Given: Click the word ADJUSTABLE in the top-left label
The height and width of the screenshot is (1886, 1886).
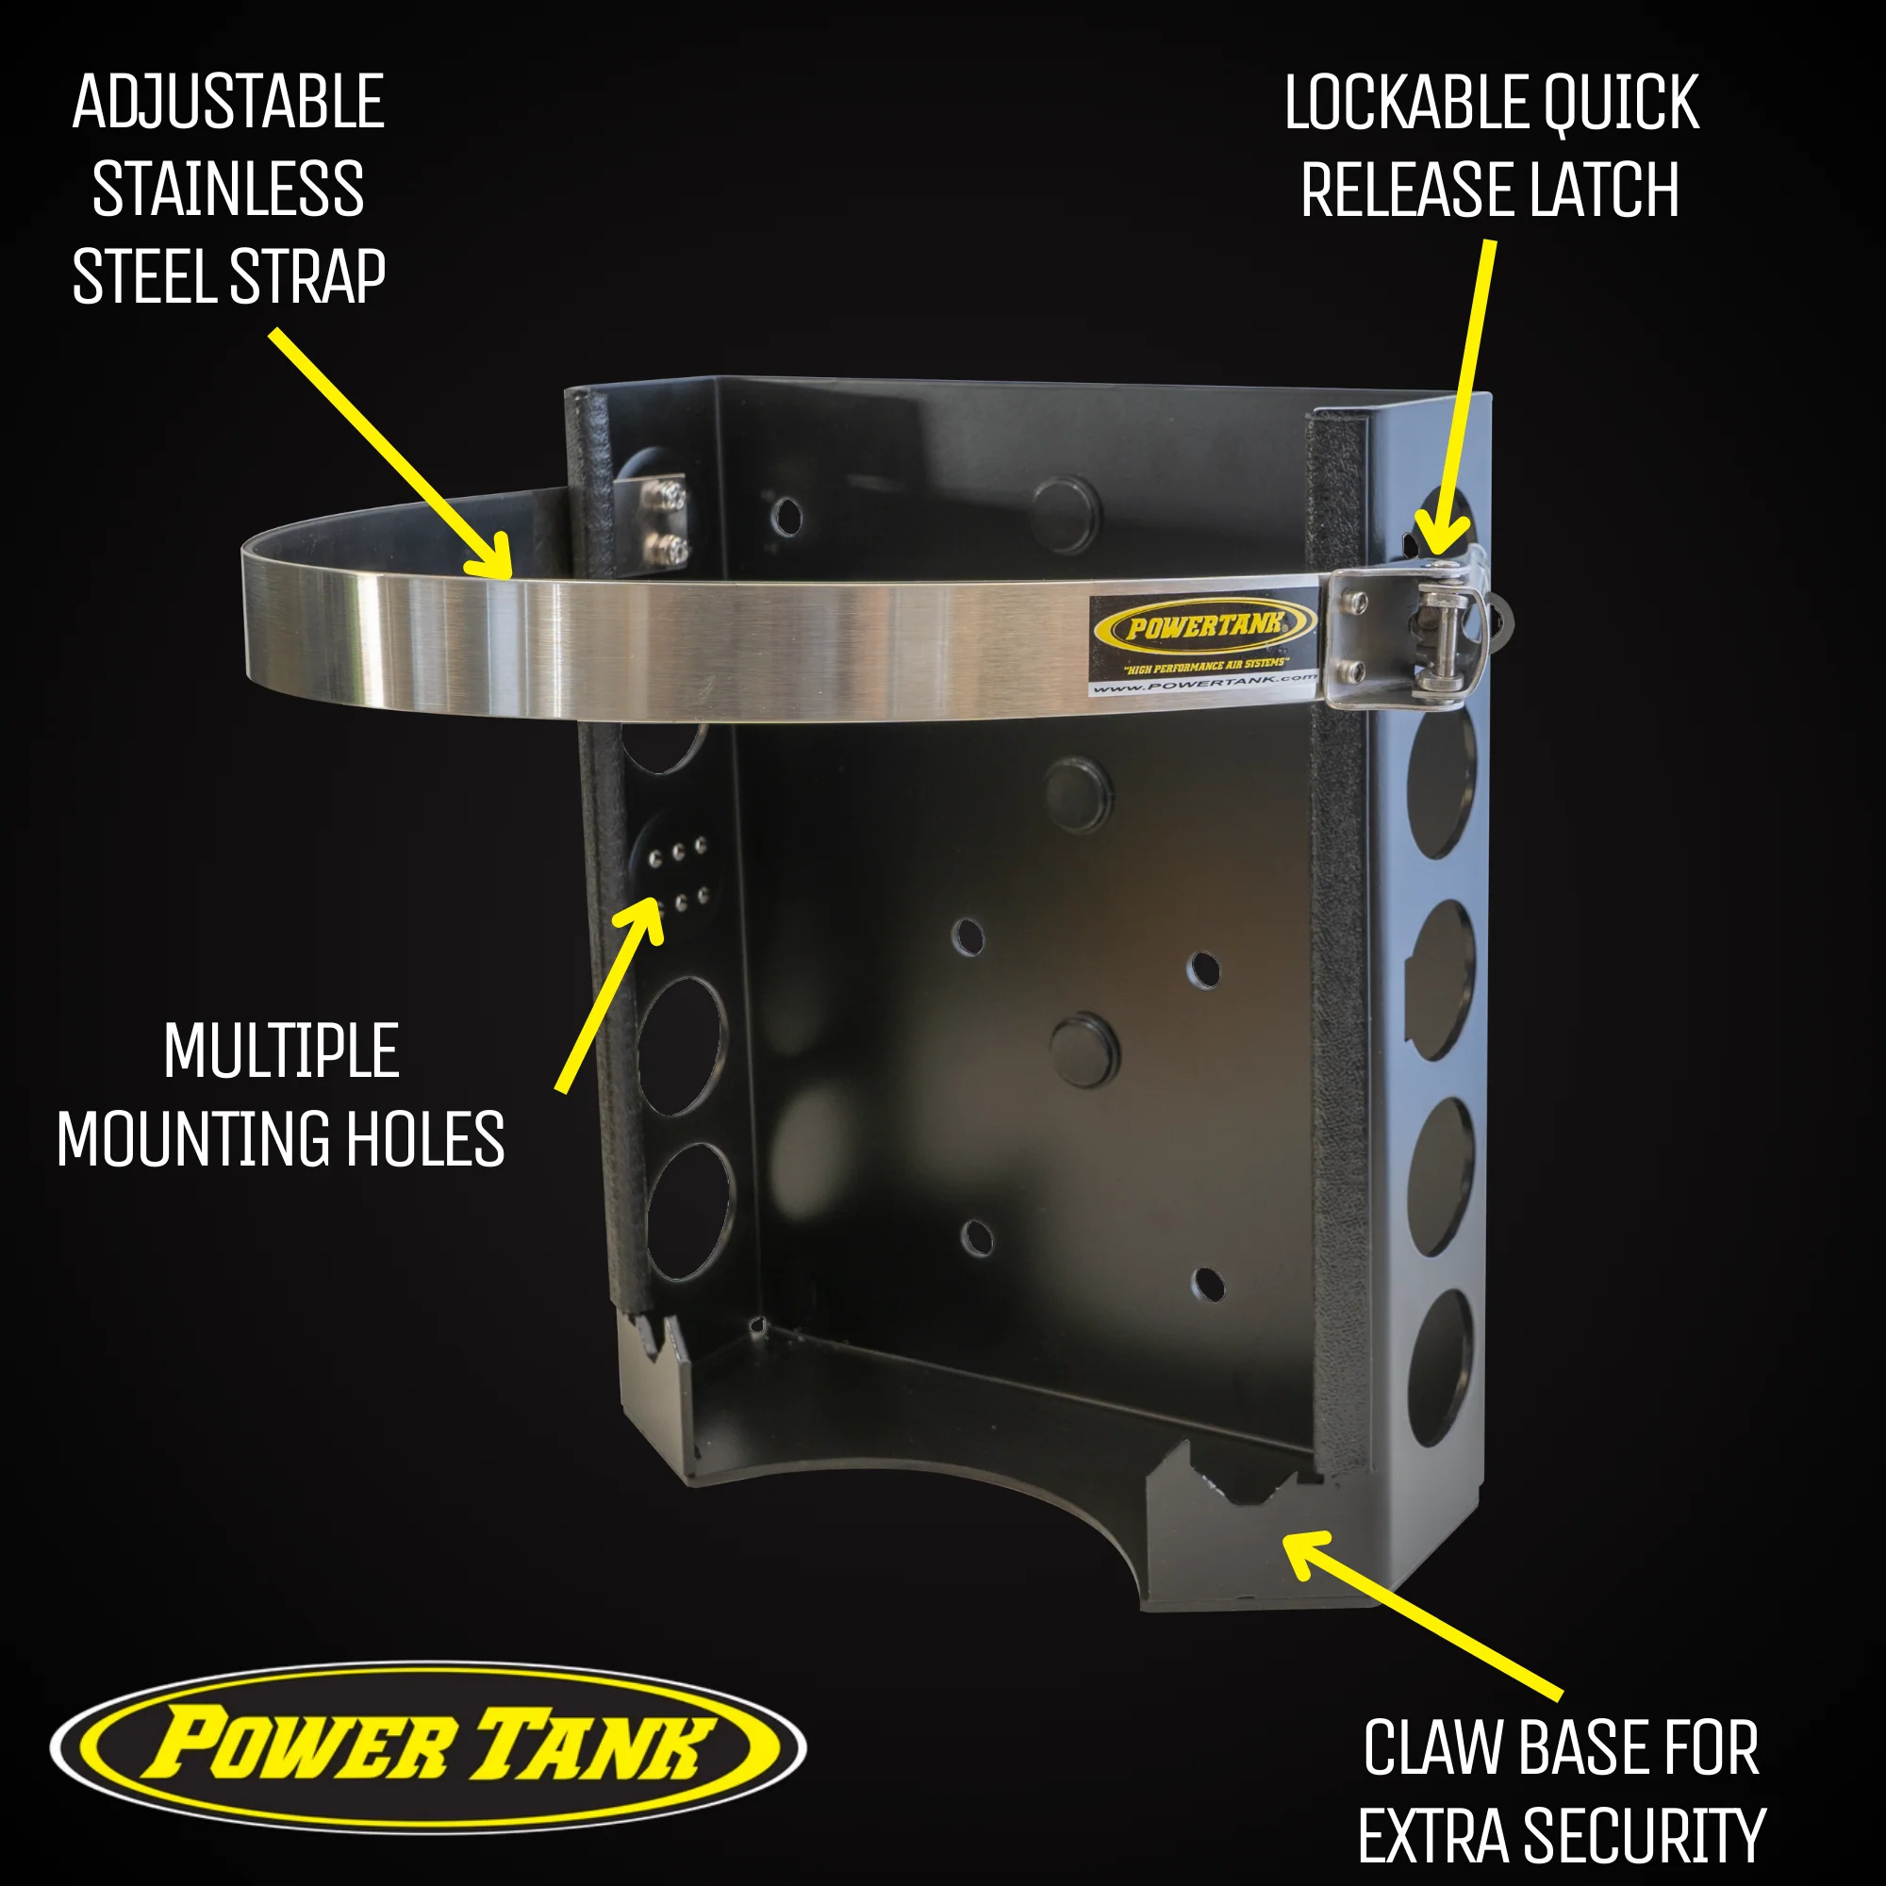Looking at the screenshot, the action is click(228, 103).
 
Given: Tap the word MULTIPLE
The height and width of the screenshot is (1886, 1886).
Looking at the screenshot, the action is click(281, 1051).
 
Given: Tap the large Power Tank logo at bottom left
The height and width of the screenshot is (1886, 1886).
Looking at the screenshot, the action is click(428, 1747).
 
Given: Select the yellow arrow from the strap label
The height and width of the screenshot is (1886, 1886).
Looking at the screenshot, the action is click(390, 454).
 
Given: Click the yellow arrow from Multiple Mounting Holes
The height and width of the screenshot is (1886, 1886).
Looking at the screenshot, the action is click(611, 992).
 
